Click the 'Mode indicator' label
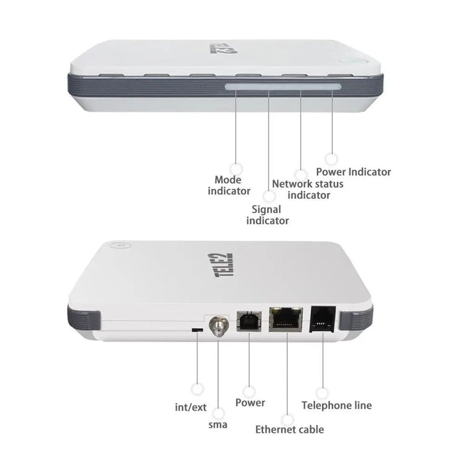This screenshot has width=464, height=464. pyautogui.click(x=229, y=185)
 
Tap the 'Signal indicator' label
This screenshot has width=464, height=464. pyautogui.click(x=267, y=215)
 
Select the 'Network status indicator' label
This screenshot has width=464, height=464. pyautogui.click(x=308, y=189)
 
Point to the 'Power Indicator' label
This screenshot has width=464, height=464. pyautogui.click(x=357, y=172)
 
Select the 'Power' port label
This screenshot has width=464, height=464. pyautogui.click(x=250, y=402)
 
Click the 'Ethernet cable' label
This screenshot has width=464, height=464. pyautogui.click(x=290, y=430)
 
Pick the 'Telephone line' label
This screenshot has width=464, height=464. pyautogui.click(x=336, y=405)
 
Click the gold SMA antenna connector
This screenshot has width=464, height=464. pyautogui.click(x=216, y=325)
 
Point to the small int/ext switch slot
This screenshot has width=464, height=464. pyautogui.click(x=196, y=329)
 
